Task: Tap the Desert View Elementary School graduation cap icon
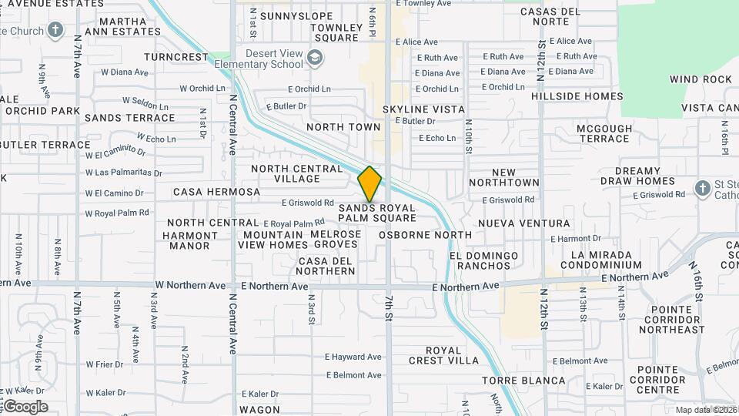(x=314, y=58)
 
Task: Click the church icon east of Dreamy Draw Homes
(x=701, y=188)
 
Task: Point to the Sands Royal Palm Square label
(x=377, y=213)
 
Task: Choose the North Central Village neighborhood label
(x=296, y=173)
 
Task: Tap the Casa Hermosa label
(x=206, y=191)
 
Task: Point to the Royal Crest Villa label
(x=443, y=355)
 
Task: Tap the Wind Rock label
(x=701, y=79)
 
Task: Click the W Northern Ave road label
(x=190, y=285)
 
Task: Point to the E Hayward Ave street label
(x=353, y=357)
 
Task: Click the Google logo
(x=25, y=407)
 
